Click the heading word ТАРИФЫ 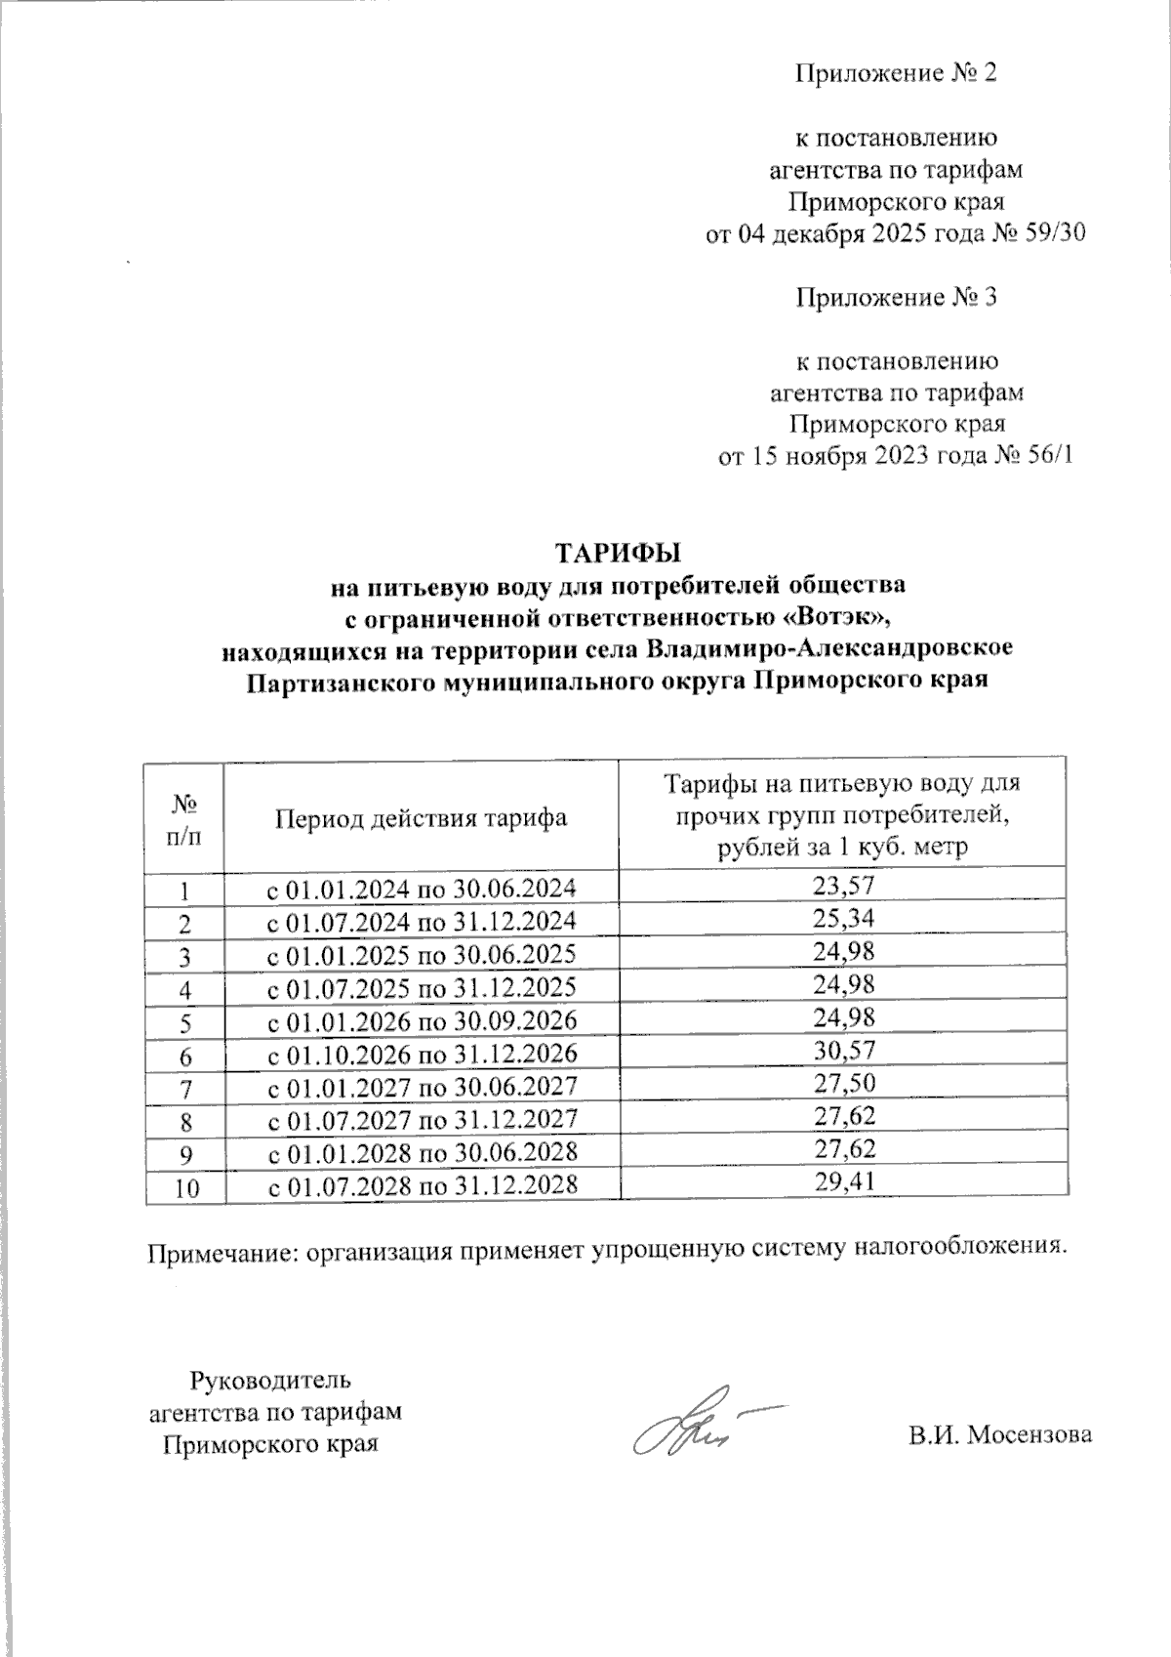[x=617, y=553]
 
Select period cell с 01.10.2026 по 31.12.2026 [x=422, y=1053]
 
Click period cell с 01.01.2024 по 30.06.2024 [x=422, y=889]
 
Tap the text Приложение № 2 [x=896, y=74]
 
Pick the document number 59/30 [x=1055, y=235]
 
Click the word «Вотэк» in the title [x=837, y=618]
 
